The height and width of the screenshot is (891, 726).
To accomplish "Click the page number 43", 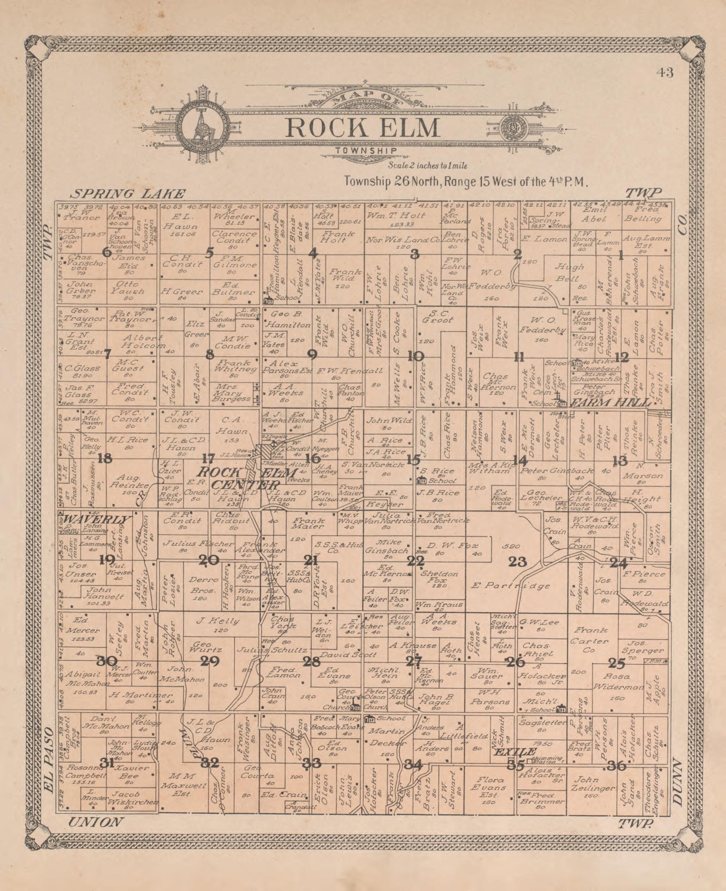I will (x=665, y=73).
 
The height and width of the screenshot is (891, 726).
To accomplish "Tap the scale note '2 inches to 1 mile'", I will (x=428, y=166).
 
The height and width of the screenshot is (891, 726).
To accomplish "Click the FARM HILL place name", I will (x=611, y=403).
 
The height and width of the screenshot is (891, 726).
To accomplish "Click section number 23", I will (x=517, y=562).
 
